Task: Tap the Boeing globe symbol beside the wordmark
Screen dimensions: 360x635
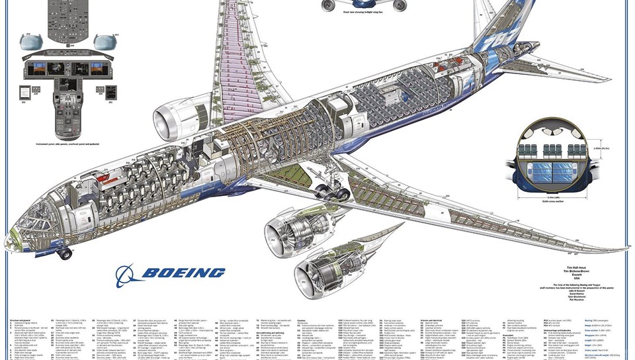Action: pyautogui.click(x=126, y=274)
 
